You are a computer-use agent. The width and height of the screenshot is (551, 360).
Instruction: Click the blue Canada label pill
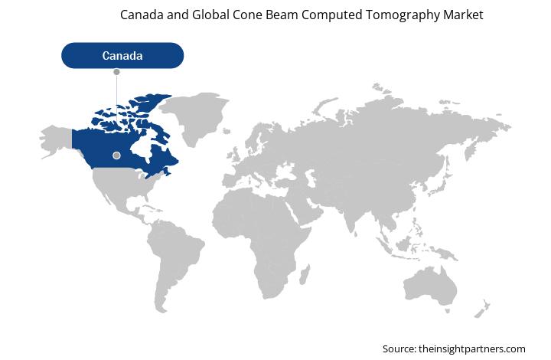point(122,56)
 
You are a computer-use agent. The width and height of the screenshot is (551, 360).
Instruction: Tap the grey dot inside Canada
point(116,155)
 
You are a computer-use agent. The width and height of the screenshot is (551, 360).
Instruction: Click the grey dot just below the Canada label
point(116,72)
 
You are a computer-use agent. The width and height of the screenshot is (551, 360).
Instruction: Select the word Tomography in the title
point(403,15)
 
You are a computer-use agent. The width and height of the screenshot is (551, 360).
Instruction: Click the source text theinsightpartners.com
point(472,349)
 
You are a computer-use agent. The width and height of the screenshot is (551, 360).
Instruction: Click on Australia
point(430,286)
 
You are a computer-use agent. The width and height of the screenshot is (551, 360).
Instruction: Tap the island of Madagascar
point(305,274)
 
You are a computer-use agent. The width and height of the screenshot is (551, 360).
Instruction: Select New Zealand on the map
point(481,309)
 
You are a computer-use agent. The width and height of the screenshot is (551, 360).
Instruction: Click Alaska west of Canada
point(56,141)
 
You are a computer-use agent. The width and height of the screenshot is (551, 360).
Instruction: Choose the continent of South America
point(174,262)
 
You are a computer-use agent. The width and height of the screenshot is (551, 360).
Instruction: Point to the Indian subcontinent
point(350,214)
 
